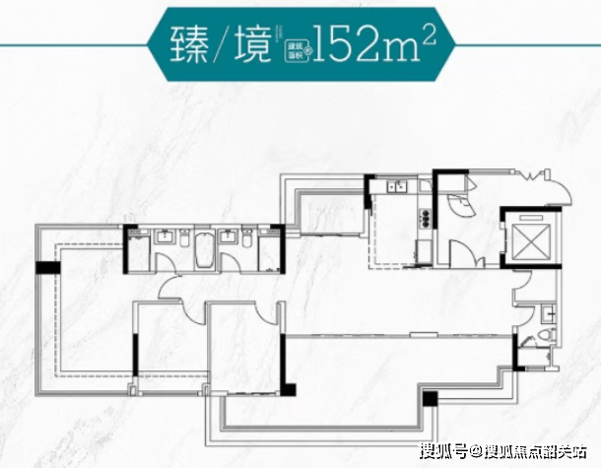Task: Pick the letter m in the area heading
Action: (405, 50)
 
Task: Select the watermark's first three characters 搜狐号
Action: (444, 453)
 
